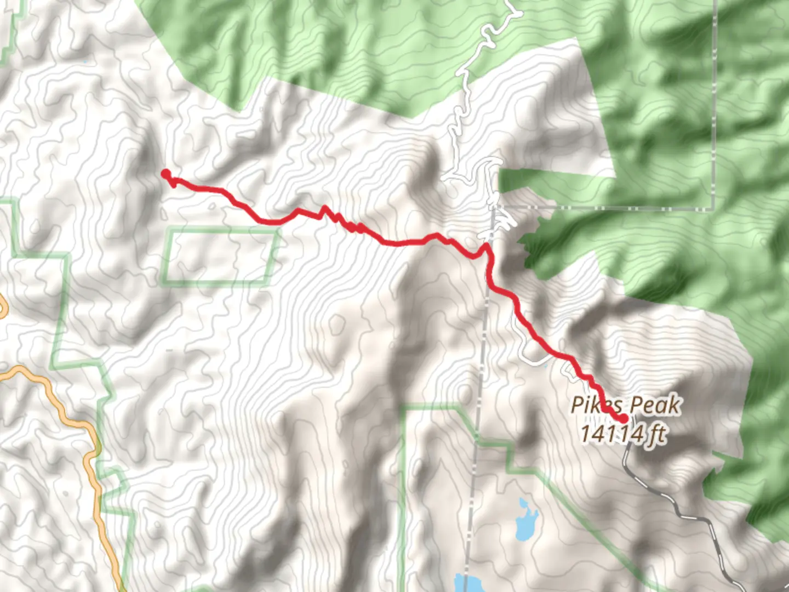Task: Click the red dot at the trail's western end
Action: pos(165,174)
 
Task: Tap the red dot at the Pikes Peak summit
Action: pos(624,419)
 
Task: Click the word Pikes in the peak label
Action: pos(595,406)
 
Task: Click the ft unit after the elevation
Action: pos(658,434)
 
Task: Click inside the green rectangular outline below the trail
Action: pos(219,258)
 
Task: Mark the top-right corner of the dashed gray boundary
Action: pos(714,208)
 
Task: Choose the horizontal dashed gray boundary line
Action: pos(603,208)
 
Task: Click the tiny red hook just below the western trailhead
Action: pos(173,184)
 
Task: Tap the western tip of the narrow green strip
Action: pos(501,178)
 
